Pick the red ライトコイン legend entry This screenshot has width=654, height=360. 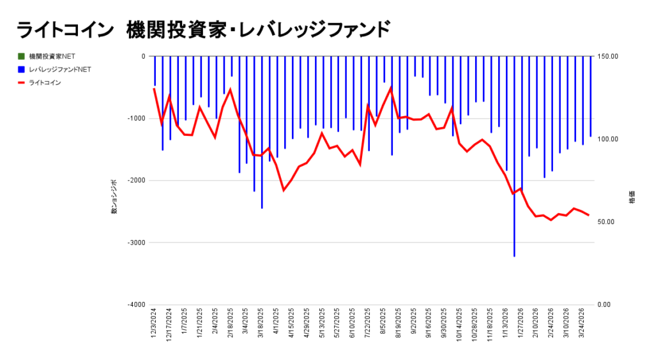[45, 82]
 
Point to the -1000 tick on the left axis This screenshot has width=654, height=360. [135, 119]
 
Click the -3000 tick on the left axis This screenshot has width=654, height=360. [135, 243]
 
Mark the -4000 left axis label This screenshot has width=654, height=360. [135, 304]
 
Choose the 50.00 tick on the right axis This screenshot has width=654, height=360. [607, 222]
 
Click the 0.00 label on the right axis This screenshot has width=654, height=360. [606, 304]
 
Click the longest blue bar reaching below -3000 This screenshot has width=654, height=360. [514, 191]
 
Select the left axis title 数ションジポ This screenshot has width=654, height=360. [114, 197]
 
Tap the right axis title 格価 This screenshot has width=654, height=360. [632, 197]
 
